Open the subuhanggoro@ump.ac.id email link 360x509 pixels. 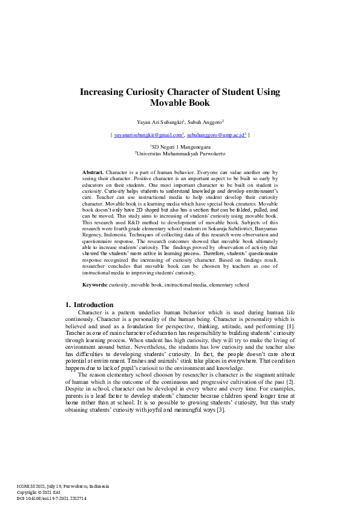click(x=215, y=136)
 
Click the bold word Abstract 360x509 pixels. click(x=93, y=173)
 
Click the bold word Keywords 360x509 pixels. click(x=95, y=284)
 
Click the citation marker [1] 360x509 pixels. click(x=290, y=326)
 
